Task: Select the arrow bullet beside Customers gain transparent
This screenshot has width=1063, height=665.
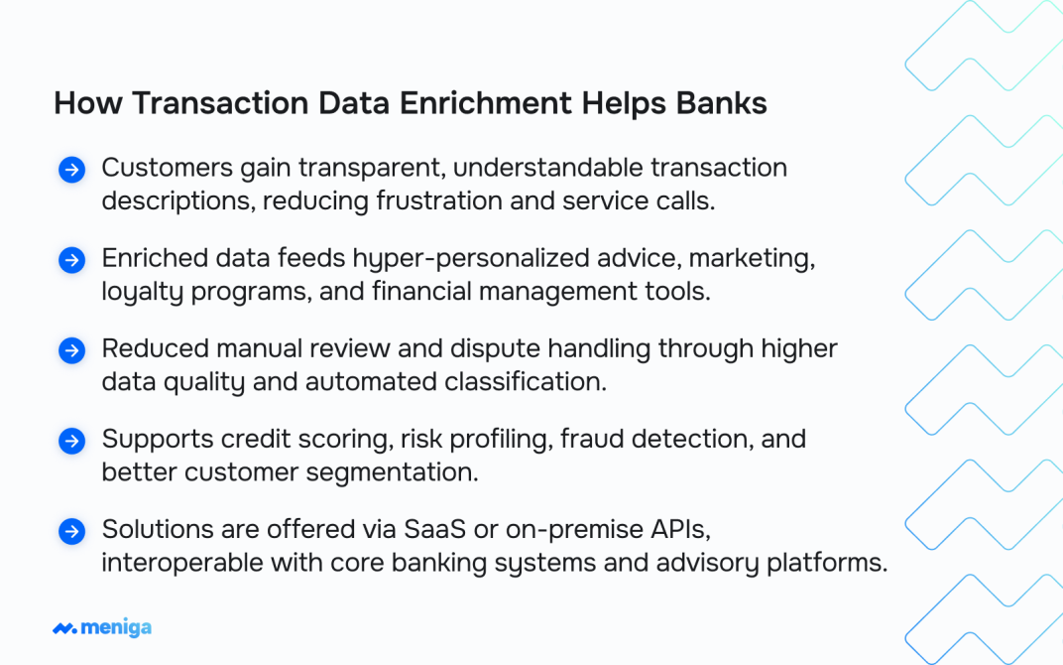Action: tap(71, 170)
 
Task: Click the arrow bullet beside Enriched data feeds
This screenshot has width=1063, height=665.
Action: tap(71, 260)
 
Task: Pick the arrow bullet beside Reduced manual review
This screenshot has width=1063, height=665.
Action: tap(71, 350)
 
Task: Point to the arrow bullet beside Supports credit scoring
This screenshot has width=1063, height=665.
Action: tap(71, 441)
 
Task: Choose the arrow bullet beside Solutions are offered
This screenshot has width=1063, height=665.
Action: tap(71, 532)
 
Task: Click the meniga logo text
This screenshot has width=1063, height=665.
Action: tap(116, 627)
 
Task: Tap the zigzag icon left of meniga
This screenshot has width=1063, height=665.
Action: tap(64, 628)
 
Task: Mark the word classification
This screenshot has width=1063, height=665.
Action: tap(526, 381)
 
